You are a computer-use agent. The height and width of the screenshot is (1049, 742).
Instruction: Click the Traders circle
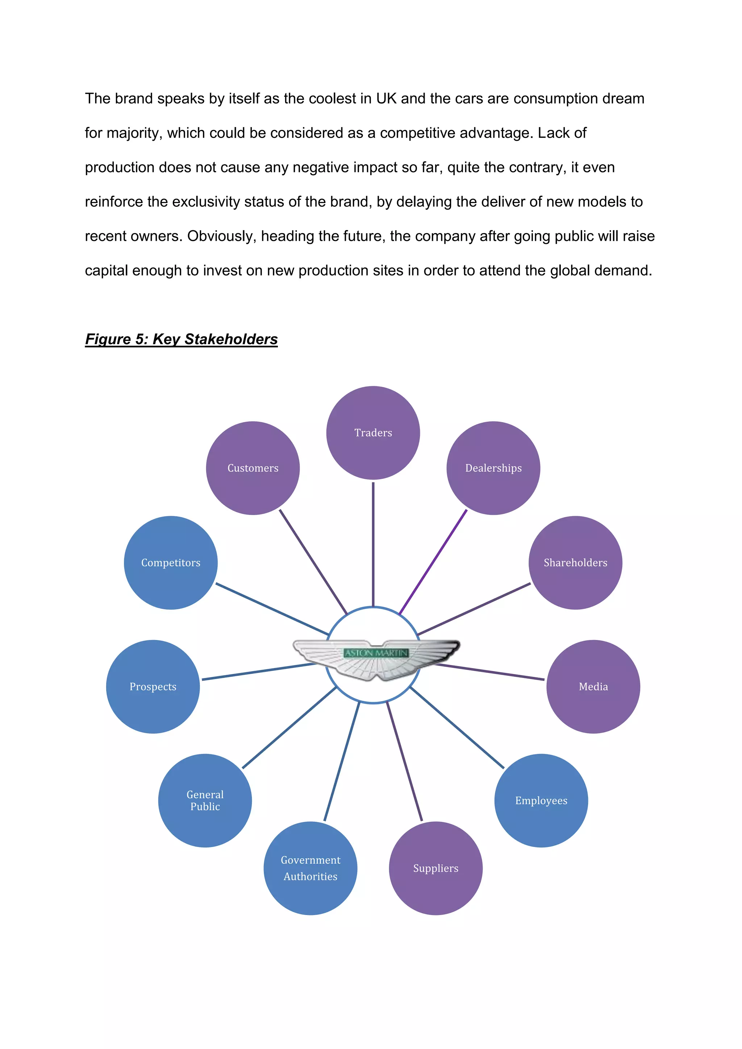[373, 433]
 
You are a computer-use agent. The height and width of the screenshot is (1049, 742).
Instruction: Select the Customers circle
[253, 468]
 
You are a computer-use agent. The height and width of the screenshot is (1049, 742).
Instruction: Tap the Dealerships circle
[493, 468]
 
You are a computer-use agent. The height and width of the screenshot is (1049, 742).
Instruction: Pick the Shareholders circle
[575, 563]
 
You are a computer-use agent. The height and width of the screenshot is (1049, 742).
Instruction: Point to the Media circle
[593, 686]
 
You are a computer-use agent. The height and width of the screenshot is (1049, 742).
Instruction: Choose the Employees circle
[541, 800]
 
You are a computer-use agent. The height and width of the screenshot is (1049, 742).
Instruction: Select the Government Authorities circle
[310, 868]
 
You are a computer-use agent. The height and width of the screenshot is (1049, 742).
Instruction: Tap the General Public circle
[205, 800]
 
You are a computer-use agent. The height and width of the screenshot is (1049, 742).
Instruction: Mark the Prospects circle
[153, 686]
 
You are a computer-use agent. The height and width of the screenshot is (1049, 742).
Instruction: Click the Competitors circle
[171, 563]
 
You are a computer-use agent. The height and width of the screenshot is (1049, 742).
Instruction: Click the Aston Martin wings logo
[376, 658]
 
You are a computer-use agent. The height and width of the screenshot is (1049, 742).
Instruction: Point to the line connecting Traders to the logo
[373, 544]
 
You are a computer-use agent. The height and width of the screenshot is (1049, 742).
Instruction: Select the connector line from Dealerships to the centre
[433, 562]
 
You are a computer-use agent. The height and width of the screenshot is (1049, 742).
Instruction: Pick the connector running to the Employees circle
[457, 728]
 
